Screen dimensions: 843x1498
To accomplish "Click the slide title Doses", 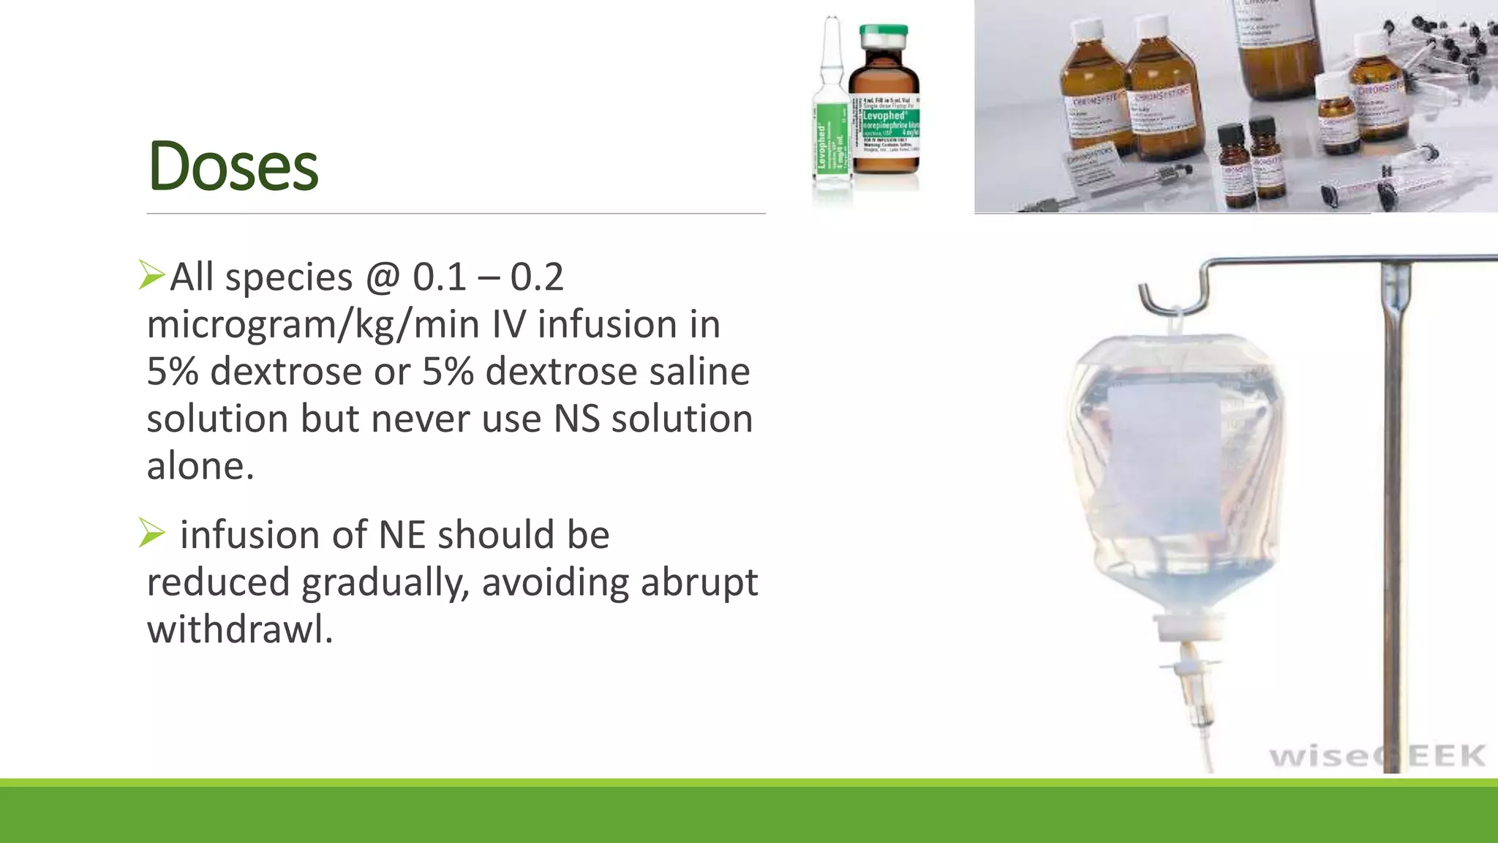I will coord(233,167).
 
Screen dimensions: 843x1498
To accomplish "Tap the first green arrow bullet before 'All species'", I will coord(151,275).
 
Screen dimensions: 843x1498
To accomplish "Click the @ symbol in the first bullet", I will coord(382,278).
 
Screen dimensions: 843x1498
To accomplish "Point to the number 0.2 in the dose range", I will coord(536,278).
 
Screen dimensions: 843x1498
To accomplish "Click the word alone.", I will coord(199,466).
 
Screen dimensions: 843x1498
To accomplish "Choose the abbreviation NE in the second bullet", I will coord(402,535).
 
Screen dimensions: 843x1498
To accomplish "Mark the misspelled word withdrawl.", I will coord(239,629).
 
